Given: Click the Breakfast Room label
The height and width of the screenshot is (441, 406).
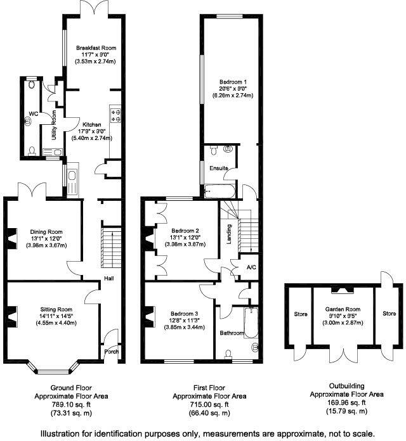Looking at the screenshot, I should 96,48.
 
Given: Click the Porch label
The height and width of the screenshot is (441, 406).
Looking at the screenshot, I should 112,352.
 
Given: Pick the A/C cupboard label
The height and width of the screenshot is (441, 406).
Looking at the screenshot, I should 251,267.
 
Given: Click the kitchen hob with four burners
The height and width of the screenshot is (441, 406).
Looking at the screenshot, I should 116,114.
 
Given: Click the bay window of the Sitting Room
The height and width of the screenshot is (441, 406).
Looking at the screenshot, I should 54,367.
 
